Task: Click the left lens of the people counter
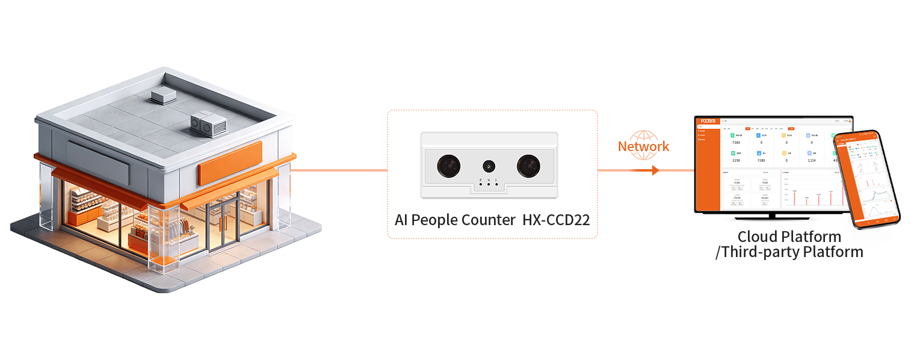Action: coord(449,165)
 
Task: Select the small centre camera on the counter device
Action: coord(489,165)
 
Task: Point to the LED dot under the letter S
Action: coord(489,184)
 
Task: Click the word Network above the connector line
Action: coord(643,146)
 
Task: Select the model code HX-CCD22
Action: coord(556,220)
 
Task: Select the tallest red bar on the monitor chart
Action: coord(830,197)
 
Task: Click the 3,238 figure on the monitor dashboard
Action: coord(735,161)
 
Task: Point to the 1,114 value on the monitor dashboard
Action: coord(811,161)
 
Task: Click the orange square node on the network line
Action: coord(655,170)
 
